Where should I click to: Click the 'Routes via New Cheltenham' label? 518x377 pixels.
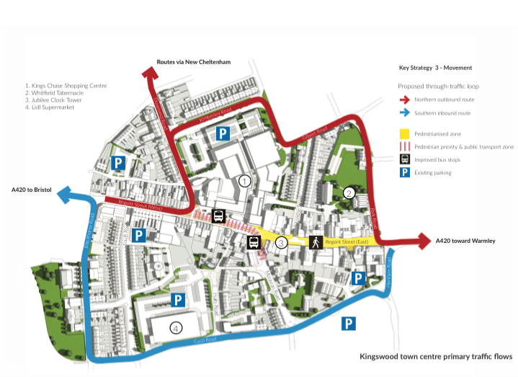194,62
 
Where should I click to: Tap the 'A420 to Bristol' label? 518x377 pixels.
32,190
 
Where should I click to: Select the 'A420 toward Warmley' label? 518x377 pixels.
465,240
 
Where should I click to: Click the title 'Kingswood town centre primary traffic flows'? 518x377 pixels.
435,356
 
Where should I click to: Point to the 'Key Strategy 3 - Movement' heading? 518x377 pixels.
435,68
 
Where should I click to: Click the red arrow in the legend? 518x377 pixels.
405,100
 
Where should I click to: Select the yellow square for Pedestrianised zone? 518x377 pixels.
405,134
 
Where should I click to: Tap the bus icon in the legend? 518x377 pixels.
405,159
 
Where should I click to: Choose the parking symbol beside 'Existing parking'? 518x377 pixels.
405,173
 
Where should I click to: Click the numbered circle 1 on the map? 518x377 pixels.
245,181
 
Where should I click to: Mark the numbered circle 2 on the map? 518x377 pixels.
349,192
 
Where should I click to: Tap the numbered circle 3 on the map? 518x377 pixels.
282,242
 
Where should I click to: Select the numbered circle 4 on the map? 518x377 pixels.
175,328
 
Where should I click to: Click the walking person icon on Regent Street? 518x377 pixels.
314,242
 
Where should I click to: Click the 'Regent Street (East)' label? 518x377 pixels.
347,242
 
